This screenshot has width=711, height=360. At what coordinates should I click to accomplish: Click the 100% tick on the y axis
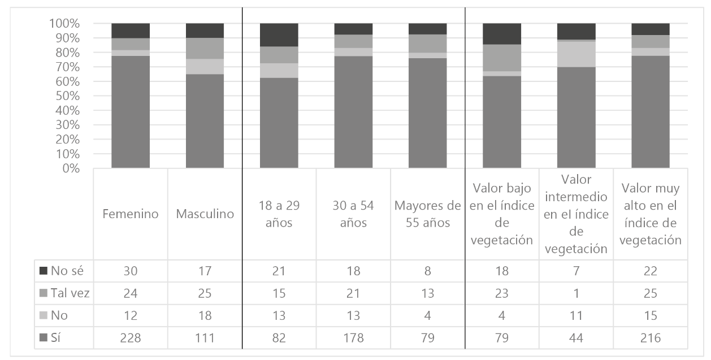click(66, 24)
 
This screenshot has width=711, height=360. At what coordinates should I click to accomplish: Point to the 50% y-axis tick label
click(69, 96)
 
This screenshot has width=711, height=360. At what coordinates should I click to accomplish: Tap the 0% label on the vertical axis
click(72, 168)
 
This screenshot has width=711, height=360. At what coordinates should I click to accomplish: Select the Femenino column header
click(131, 215)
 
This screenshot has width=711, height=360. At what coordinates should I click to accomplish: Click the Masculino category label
click(205, 215)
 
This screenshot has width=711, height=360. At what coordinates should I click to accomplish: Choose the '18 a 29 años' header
click(279, 215)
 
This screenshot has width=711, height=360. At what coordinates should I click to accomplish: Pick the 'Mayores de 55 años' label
click(427, 215)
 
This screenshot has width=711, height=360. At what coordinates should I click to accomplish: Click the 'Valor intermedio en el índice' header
click(576, 214)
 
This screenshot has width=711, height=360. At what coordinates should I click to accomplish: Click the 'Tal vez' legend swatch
click(45, 293)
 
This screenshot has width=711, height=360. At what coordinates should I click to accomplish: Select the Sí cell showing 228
click(131, 338)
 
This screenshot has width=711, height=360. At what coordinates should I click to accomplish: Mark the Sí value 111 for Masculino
click(205, 338)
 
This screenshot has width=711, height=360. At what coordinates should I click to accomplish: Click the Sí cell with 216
click(650, 338)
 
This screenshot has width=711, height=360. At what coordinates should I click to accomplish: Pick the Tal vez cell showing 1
click(576, 293)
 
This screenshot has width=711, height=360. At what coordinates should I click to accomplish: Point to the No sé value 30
click(131, 271)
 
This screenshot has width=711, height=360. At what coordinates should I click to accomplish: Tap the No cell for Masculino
click(205, 315)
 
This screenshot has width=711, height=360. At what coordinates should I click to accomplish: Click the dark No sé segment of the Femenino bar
click(131, 31)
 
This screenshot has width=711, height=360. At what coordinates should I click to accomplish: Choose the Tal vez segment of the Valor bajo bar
click(501, 58)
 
